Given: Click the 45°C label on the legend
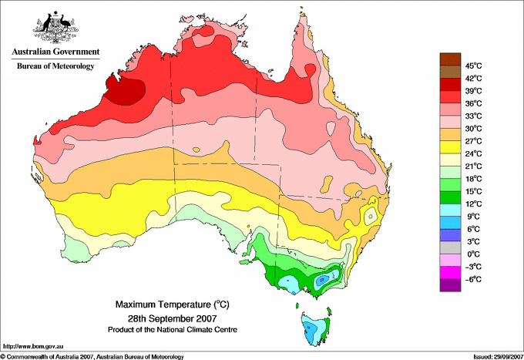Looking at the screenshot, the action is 474,66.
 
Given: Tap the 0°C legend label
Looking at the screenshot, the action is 474,254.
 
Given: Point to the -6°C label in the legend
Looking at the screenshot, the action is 473,279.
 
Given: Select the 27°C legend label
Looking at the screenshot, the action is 474,141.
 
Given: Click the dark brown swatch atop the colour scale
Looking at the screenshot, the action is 450,59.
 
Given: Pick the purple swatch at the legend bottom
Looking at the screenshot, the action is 450,285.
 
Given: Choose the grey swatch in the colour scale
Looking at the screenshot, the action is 450,247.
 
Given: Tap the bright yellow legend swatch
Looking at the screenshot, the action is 450,147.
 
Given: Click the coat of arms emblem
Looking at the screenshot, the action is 55,27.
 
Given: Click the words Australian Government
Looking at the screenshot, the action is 55,52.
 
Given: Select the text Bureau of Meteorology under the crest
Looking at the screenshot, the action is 55,66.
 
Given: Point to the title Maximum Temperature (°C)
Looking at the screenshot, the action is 173,304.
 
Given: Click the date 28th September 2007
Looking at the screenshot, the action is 173,318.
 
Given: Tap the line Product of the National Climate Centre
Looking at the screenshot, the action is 173,330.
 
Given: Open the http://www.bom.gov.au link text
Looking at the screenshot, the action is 33,347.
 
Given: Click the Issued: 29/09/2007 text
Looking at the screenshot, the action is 499,357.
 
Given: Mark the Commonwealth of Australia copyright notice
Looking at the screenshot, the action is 92,357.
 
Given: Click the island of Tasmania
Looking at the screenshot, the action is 316,328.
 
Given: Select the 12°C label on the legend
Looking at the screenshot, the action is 474,204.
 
